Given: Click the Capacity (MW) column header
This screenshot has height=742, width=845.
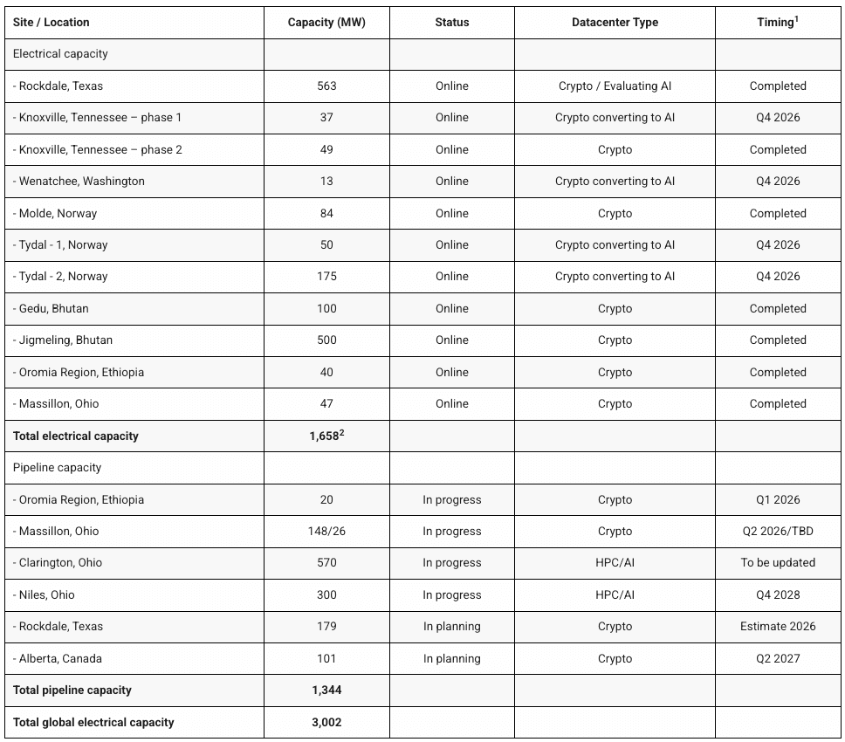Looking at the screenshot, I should [326, 22].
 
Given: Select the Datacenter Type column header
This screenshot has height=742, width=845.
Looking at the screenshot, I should [615, 22].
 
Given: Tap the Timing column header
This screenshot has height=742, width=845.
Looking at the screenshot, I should [777, 22].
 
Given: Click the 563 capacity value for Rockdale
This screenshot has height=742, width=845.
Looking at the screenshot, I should [326, 86].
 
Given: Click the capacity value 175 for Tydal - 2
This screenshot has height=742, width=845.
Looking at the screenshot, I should [326, 276].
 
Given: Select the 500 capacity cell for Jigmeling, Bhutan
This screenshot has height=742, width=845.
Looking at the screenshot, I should [326, 340].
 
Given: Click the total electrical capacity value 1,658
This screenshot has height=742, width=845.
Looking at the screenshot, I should [325, 436].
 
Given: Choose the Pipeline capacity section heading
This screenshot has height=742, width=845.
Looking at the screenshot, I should [57, 467].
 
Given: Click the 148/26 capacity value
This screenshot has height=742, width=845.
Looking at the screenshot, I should [326, 531].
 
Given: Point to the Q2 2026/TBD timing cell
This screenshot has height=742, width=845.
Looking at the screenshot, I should [778, 531].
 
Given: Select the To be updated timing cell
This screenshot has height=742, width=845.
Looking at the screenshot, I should [778, 562].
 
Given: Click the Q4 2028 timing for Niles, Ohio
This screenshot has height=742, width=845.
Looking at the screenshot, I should [778, 594].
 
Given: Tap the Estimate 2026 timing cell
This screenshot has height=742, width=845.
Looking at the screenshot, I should [778, 626].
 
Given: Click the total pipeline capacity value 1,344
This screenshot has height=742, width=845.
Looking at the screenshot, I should [326, 690].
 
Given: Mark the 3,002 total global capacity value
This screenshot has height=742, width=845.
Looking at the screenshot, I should [326, 722].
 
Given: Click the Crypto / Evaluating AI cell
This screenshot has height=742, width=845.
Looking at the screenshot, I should [615, 86].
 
